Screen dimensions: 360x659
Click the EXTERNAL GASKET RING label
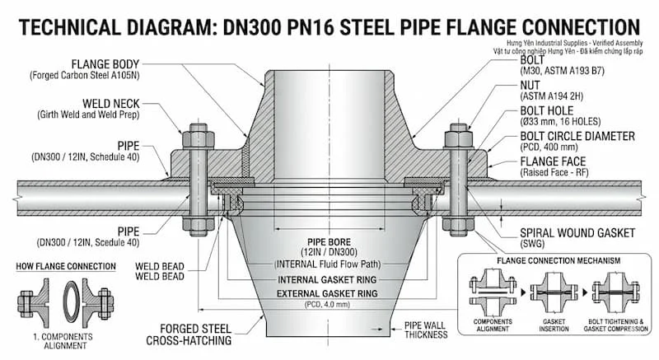pyautogui.click(x=327, y=293)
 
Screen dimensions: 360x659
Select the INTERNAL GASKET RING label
pyautogui.click(x=327, y=278)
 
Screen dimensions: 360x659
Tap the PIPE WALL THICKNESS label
pyautogui.click(x=426, y=330)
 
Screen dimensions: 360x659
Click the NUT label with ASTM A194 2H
pyautogui.click(x=530, y=84)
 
